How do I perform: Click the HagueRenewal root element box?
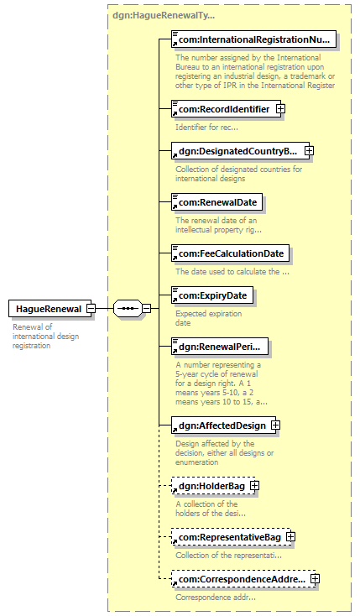(x=50, y=309)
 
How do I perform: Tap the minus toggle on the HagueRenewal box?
(x=91, y=309)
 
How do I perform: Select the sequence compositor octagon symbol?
(x=128, y=309)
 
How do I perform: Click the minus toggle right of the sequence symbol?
(x=146, y=309)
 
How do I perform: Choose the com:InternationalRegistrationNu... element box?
(x=254, y=39)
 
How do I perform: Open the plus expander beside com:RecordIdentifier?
(x=280, y=109)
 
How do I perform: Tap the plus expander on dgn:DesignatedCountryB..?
(x=309, y=151)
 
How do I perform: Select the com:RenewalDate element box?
(x=217, y=202)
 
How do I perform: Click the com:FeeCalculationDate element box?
(x=231, y=253)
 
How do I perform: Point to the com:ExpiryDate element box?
(x=212, y=295)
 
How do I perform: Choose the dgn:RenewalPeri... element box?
(x=220, y=347)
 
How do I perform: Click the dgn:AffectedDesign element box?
(x=222, y=425)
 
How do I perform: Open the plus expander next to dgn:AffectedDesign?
(x=276, y=425)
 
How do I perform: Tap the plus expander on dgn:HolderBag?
(x=255, y=486)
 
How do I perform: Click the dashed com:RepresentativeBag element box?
(x=230, y=537)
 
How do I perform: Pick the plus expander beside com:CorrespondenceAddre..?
(x=315, y=579)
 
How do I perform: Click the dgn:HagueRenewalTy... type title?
(x=164, y=16)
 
